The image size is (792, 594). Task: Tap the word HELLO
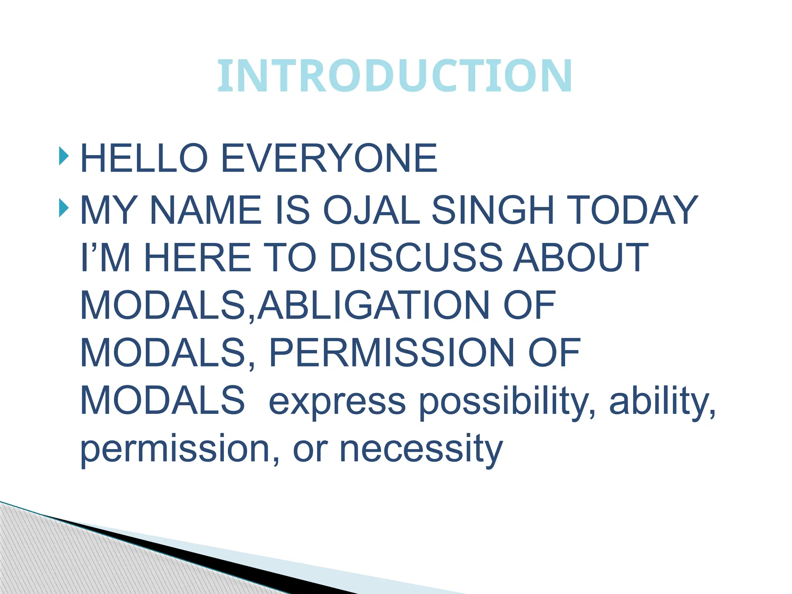point(144,158)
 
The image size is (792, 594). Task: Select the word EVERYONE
point(329,158)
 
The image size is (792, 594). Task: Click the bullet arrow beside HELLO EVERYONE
point(64,156)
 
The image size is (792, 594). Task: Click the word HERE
point(198,258)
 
